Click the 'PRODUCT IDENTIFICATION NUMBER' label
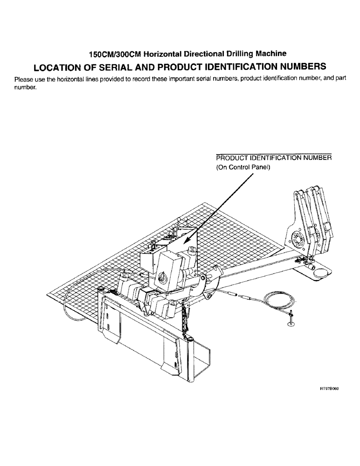[274, 158]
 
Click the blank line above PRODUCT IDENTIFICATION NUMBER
[274, 152]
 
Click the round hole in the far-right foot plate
[320, 273]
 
